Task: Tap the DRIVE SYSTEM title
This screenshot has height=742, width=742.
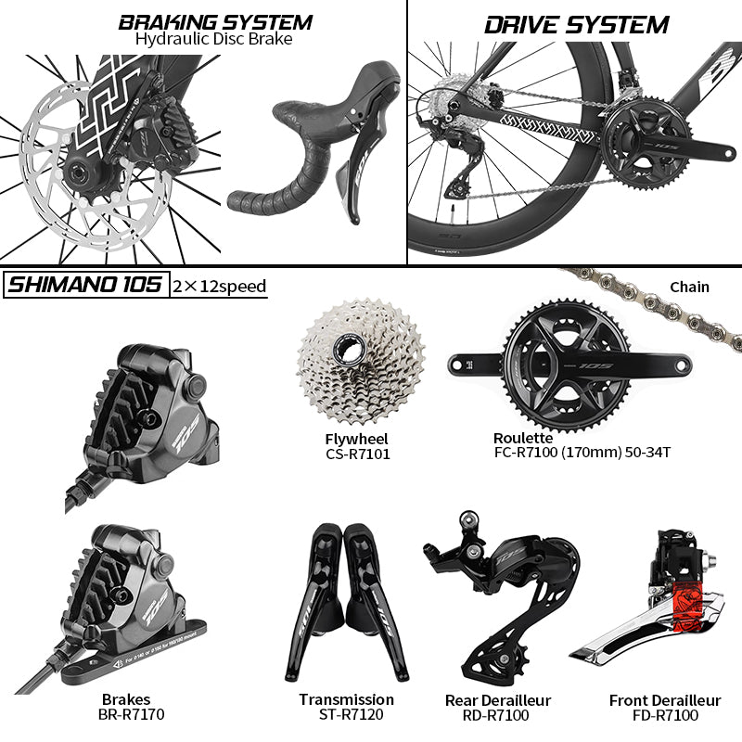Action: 576,24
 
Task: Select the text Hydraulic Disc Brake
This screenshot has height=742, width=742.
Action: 213,39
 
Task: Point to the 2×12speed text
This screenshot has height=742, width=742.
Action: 220,286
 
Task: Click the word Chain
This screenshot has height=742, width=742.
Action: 688,287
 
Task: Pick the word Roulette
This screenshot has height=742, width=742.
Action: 523,438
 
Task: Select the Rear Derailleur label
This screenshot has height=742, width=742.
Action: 499,699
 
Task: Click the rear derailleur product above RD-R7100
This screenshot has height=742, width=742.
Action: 501,594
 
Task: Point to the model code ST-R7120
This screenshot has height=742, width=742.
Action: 347,715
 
